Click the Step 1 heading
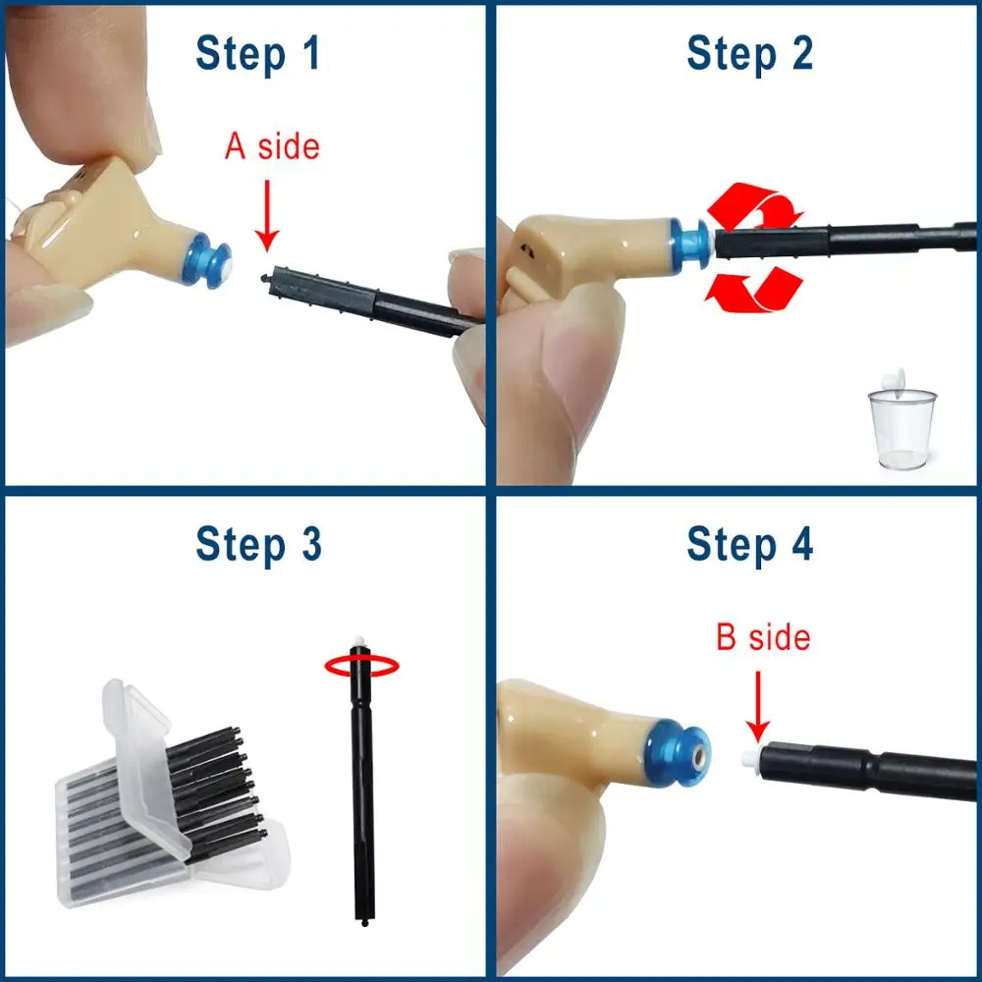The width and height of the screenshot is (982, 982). tap(258, 53)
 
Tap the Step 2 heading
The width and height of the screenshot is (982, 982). tap(749, 53)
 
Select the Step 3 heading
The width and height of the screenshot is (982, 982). tap(258, 543)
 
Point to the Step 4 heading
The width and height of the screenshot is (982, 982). tap(749, 543)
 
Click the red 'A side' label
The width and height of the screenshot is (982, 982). tap(272, 147)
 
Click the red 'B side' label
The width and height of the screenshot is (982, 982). tap(763, 637)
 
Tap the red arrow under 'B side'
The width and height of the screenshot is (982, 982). tap(758, 713)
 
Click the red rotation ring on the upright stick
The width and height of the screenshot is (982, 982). tap(362, 666)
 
